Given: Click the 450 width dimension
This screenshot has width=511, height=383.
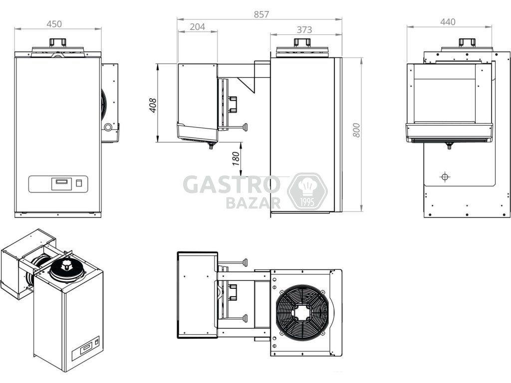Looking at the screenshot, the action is (x=54, y=24).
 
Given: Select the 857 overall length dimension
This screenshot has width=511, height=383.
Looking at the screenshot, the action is (x=261, y=14).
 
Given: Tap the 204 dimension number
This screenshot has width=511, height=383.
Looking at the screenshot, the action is (x=198, y=27).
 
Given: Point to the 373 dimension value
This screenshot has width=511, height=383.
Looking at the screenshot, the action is (x=304, y=29).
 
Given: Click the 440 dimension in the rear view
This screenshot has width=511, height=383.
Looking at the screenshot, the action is (x=448, y=22).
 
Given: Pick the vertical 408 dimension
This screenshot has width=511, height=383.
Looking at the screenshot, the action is (x=153, y=105).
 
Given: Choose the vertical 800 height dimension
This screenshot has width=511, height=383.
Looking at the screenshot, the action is (x=357, y=130).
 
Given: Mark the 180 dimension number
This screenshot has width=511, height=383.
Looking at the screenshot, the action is (x=236, y=158).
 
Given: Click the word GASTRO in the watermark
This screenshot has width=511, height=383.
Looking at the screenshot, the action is (x=232, y=185).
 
